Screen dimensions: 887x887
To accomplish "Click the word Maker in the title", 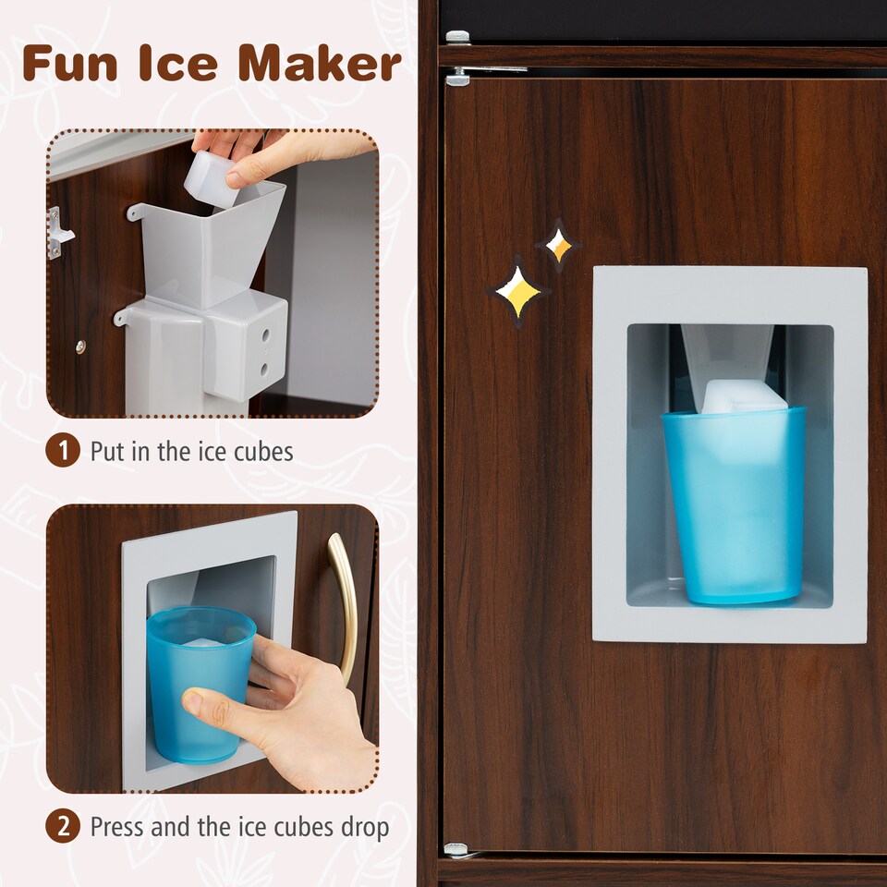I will coord(320,63).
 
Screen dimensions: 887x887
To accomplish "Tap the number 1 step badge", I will coord(63,452).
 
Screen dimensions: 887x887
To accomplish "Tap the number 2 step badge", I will coord(63,826).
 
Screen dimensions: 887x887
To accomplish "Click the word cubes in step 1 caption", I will coord(260,452).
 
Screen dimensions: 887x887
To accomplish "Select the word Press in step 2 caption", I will coord(117,826).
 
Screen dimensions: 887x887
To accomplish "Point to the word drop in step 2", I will coord(363,827).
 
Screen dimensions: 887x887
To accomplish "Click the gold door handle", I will coord(344,605).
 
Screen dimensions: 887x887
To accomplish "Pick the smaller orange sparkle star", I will coord(558,246).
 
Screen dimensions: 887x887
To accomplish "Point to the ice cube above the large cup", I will coord(744,396).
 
